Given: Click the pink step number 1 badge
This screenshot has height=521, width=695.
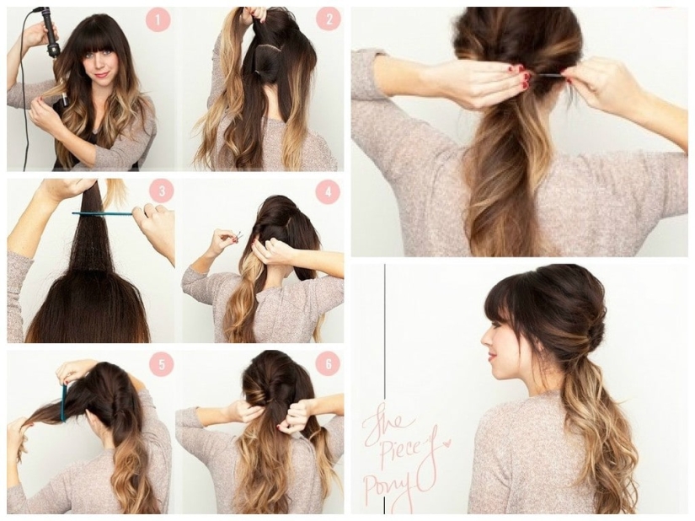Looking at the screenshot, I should pyautogui.click(x=158, y=19).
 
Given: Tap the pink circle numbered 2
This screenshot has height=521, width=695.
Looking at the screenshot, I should pyautogui.click(x=329, y=19).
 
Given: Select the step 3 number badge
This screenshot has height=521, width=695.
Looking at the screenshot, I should pyautogui.click(x=161, y=191).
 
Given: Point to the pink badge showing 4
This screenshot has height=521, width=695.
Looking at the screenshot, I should pyautogui.click(x=328, y=191).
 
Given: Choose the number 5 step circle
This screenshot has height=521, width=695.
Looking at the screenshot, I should pyautogui.click(x=161, y=363).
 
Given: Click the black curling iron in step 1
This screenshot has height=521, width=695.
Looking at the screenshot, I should pyautogui.click(x=51, y=34).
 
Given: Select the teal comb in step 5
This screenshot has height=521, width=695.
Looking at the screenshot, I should pyautogui.click(x=63, y=403).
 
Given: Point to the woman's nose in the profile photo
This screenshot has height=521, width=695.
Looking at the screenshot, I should pyautogui.click(x=484, y=340).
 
